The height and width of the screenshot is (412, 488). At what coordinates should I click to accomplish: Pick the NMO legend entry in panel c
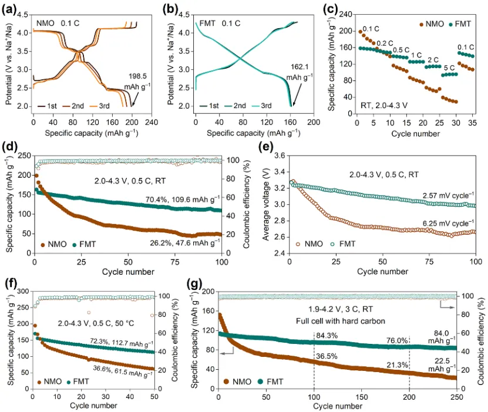[x=429, y=25]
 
